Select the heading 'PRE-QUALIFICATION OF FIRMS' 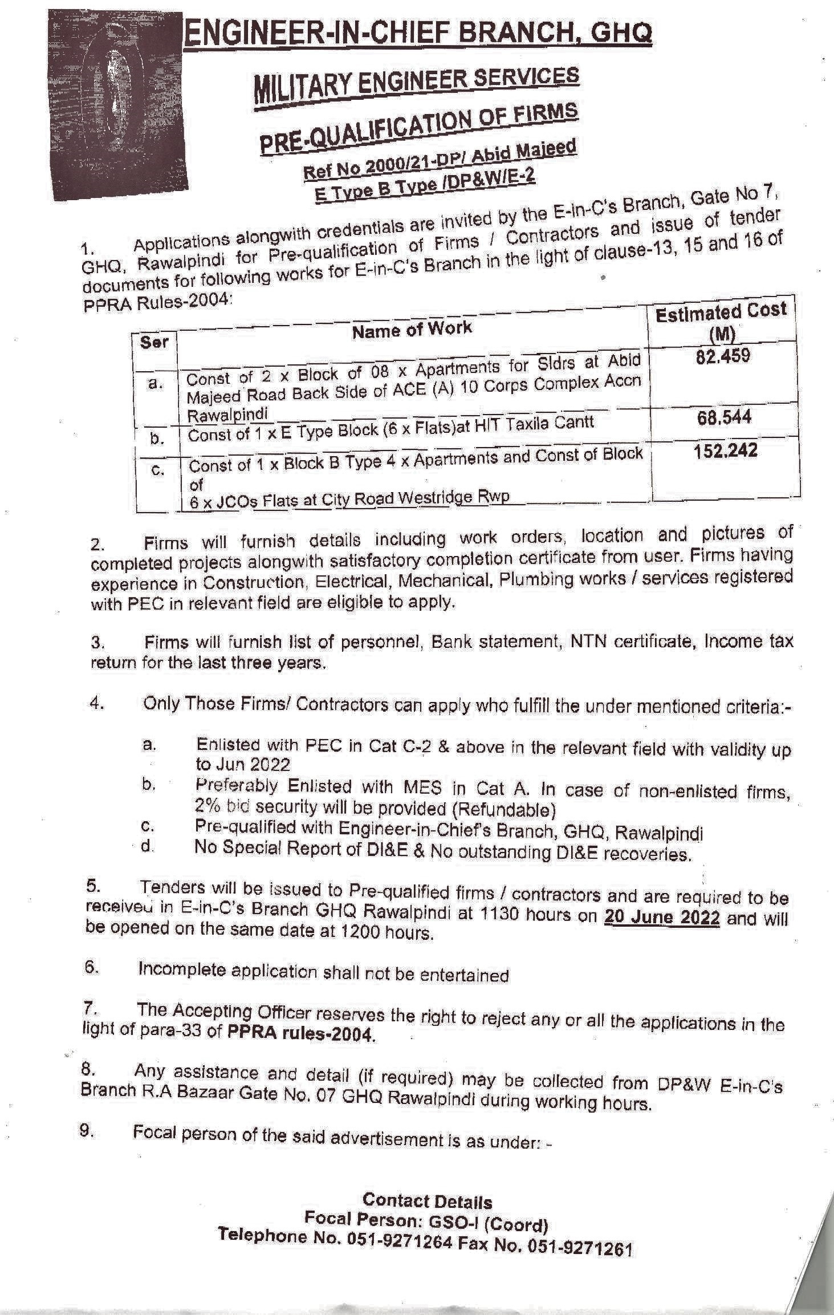tap(419, 128)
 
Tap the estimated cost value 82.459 tap(723, 356)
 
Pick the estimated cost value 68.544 tap(724, 417)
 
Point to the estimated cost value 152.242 tap(725, 450)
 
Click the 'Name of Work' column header tap(412, 329)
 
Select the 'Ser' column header tap(154, 342)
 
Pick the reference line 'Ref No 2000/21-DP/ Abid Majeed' tap(440, 159)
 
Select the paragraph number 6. tap(92, 969)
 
